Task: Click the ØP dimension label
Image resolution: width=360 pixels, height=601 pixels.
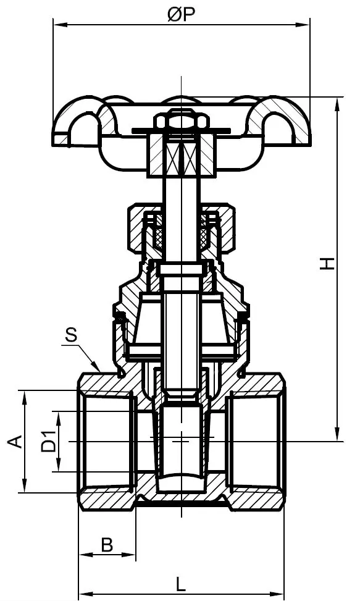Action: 180,15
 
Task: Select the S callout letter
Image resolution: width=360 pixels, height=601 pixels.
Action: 72,336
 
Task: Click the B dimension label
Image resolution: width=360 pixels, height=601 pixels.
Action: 107,545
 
